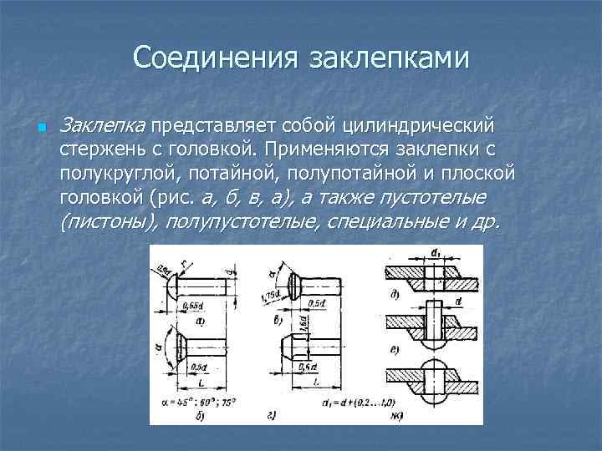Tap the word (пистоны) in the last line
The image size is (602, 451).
(x=109, y=222)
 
